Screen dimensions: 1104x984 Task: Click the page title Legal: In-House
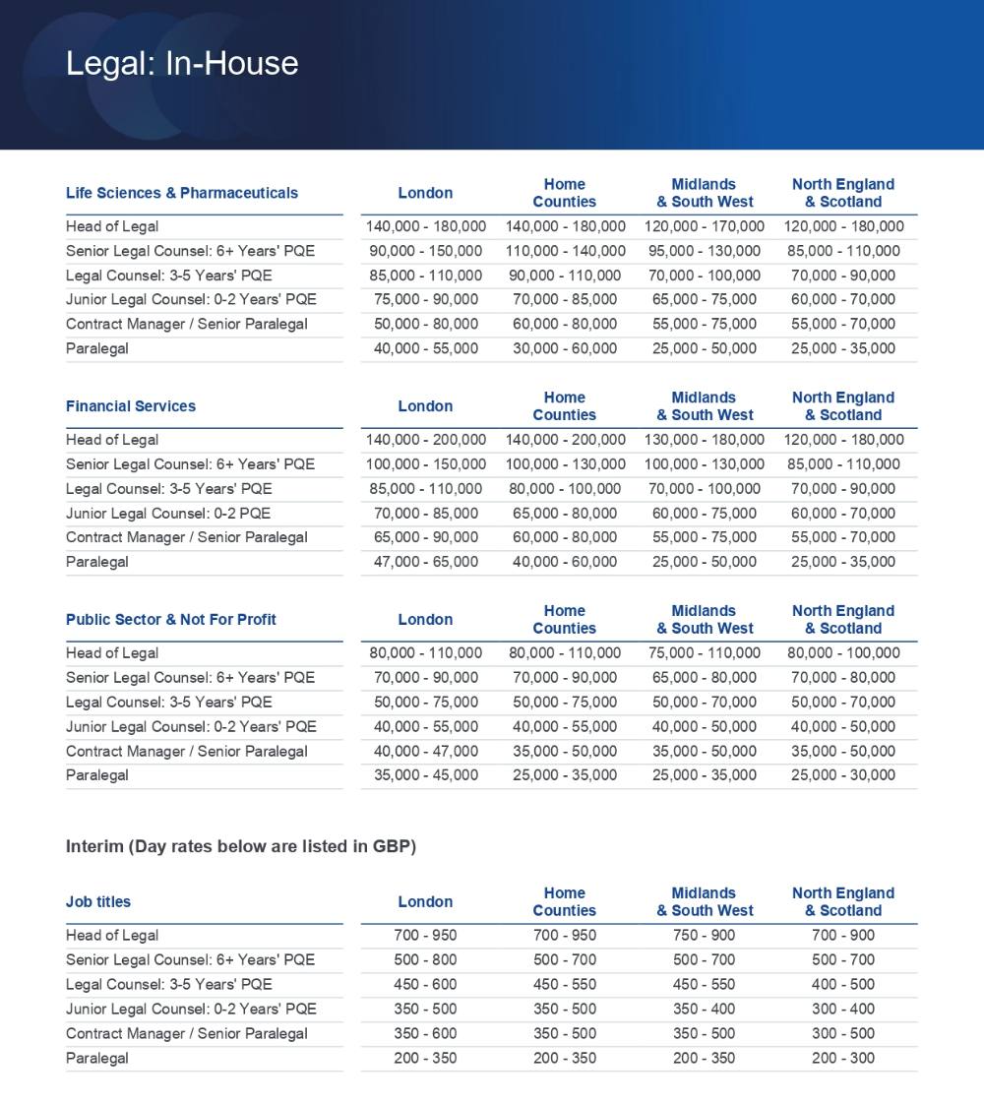pos(182,63)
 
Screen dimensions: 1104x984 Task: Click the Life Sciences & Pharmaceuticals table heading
pos(182,193)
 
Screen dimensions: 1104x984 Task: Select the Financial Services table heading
pos(131,406)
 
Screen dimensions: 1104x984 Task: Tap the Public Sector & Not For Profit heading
pos(171,620)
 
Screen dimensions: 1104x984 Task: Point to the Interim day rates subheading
pos(241,847)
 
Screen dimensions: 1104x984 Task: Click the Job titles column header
pos(98,902)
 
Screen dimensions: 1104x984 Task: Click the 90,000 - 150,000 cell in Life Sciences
pos(426,251)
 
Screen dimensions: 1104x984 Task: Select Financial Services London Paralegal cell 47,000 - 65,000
pos(426,562)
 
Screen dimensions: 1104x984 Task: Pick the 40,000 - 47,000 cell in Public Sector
pos(426,751)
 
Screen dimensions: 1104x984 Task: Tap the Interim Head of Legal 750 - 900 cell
pos(704,936)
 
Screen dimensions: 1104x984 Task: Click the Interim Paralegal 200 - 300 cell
pos(843,1059)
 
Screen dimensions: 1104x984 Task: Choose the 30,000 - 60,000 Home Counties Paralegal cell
pos(565,348)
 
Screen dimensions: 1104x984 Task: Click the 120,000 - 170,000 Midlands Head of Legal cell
pos(704,226)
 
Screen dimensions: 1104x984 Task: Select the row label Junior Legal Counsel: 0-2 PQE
pos(168,514)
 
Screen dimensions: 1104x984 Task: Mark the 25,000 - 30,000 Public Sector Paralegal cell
pos(843,775)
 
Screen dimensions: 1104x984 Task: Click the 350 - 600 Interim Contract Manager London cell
pos(426,1034)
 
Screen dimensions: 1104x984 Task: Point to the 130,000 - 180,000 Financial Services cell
pos(704,440)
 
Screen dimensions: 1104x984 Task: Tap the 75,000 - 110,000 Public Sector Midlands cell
pos(704,653)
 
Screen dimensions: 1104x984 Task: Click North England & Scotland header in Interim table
pos(843,902)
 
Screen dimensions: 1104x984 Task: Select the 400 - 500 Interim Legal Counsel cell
pos(843,985)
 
